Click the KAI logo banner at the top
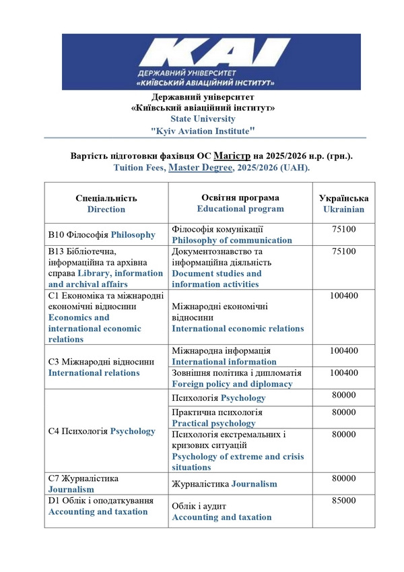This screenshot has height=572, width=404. coord(211,61)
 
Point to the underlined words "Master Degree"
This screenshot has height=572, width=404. coord(200,166)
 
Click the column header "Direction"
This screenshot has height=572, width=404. coord(106,209)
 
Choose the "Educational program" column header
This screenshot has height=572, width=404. coord(240,208)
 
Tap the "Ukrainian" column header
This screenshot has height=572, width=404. coord(344,209)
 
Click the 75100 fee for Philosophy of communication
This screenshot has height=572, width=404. coord(344,230)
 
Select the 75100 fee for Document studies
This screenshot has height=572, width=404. coord(344,251)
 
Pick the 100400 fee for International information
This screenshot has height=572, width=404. coord(344,351)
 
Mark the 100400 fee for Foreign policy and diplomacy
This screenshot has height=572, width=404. coord(344,373)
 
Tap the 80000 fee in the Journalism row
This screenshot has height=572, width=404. coord(344,478)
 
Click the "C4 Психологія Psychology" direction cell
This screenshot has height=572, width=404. coord(102,431)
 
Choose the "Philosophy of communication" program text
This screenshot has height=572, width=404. coord(232,240)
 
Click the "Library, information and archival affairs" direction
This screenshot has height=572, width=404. coord(106,278)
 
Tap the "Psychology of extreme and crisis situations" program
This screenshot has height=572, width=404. coord(238,462)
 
